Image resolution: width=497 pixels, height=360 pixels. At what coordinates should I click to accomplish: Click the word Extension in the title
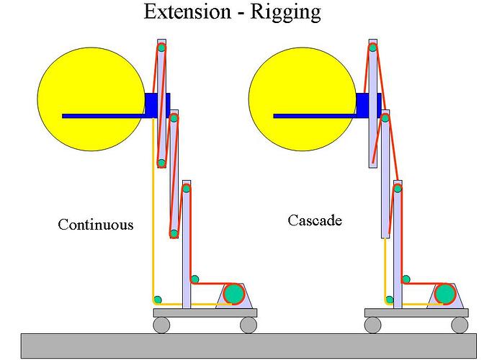point(187,12)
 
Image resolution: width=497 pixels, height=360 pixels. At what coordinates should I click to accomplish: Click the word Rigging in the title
point(285,13)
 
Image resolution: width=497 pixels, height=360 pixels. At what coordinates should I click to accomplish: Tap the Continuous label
point(95,225)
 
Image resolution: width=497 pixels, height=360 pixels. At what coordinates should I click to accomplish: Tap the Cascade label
point(315,220)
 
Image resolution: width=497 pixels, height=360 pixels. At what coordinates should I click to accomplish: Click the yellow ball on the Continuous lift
point(91,99)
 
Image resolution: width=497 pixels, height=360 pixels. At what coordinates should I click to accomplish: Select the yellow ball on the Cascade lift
point(303,99)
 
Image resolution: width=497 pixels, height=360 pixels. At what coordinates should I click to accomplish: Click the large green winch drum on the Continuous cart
point(234,294)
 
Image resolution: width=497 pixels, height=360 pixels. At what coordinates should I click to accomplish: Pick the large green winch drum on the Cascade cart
point(445,294)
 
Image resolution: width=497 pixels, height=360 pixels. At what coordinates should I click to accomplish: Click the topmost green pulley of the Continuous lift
point(161,48)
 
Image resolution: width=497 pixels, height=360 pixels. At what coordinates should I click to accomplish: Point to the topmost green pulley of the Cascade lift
point(373,48)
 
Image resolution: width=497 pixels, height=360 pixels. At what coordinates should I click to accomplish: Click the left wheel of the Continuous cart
point(161,325)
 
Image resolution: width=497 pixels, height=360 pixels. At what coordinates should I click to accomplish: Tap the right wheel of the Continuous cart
point(248,325)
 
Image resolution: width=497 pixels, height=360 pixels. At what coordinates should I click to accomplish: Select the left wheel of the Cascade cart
point(373,325)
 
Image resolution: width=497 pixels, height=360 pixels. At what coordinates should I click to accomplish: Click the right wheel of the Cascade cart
point(460,325)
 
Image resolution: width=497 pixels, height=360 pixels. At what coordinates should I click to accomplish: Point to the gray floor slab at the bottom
point(248,346)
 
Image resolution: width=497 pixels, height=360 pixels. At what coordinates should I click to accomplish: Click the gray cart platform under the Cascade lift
point(416,312)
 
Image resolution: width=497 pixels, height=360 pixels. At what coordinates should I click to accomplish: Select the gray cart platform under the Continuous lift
point(205,312)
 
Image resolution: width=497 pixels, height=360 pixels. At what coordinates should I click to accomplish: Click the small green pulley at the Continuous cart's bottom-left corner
point(158,300)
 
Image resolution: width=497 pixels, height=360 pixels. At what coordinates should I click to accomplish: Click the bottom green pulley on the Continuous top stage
point(161,163)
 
